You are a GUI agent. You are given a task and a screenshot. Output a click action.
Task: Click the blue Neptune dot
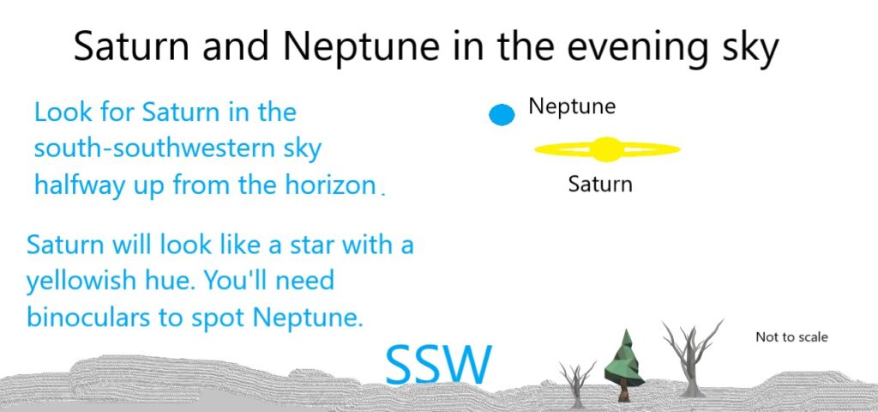pyautogui.click(x=502, y=114)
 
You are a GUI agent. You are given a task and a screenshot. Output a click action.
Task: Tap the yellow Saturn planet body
pyautogui.click(x=607, y=149)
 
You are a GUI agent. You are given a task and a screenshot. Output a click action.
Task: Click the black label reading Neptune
pyautogui.click(x=572, y=106)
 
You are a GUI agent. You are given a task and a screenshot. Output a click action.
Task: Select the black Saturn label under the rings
pyautogui.click(x=600, y=184)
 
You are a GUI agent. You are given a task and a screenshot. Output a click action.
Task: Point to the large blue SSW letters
pyautogui.click(x=439, y=364)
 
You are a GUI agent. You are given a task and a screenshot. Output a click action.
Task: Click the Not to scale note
pyautogui.click(x=791, y=336)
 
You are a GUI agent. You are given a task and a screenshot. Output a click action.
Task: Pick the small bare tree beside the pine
pyautogui.click(x=577, y=384)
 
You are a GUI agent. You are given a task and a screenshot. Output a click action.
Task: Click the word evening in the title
pyautogui.click(x=634, y=48)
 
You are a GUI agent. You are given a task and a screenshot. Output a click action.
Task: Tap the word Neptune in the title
pyautogui.click(x=361, y=46)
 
